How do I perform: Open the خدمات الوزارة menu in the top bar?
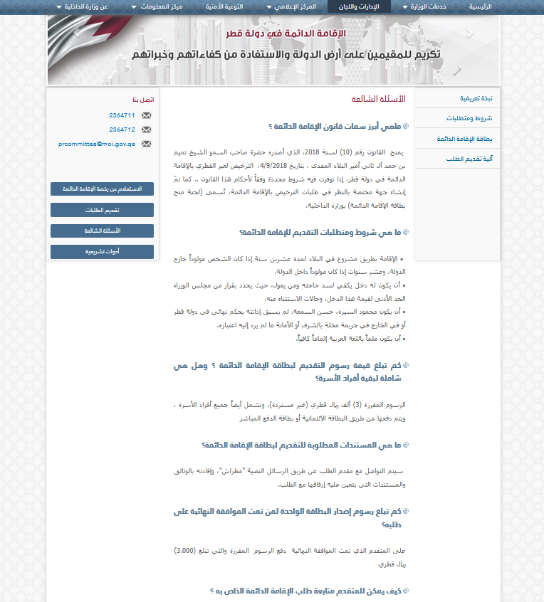point(426,6)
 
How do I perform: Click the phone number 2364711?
point(122,115)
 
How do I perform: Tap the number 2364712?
point(122,130)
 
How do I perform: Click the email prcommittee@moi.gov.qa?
point(96,144)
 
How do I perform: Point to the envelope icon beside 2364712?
point(147,130)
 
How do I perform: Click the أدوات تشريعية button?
point(102,252)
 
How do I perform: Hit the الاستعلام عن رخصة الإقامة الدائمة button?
point(102,189)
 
